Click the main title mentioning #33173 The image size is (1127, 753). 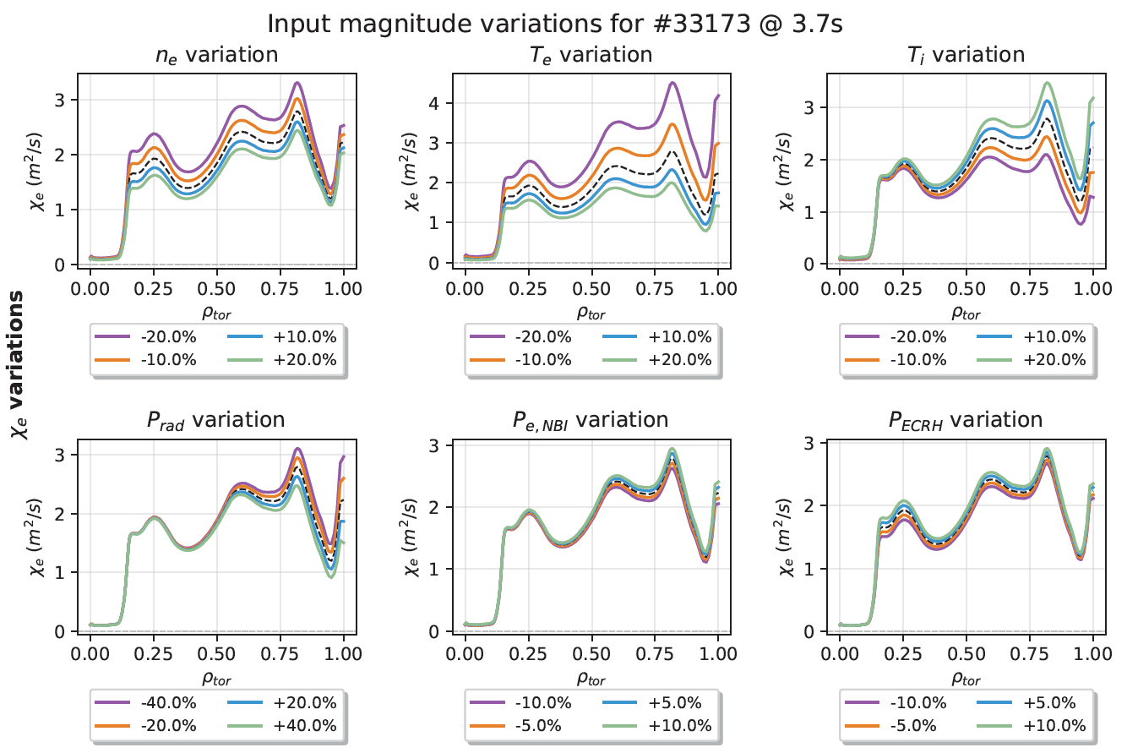[x=555, y=25]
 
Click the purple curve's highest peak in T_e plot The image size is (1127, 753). [x=672, y=83]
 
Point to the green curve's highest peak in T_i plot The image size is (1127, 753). [x=1048, y=83]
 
